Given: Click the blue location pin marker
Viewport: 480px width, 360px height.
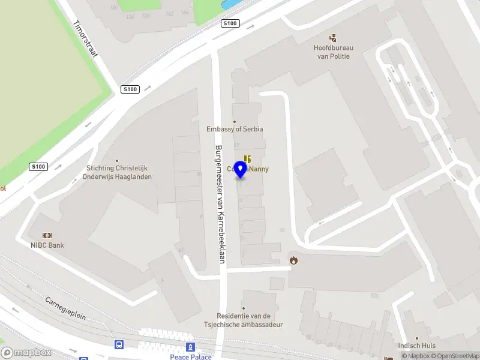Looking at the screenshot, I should [x=241, y=170].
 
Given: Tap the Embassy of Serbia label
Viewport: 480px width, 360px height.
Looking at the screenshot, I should [x=235, y=129].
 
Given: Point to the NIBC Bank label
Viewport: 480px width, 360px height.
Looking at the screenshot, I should [x=47, y=245].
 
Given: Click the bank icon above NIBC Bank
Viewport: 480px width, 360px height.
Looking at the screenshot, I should [x=47, y=235].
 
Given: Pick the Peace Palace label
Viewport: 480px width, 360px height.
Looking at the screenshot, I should [x=191, y=357].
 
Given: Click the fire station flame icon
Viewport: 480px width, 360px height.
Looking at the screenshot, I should [x=293, y=260].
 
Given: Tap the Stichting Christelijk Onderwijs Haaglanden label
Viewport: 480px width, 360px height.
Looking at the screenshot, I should [x=119, y=173].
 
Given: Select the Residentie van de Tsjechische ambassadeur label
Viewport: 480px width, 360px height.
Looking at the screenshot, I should [x=250, y=320].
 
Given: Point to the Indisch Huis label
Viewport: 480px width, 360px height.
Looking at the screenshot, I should [x=416, y=346].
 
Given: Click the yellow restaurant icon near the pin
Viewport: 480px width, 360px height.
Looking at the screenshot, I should [x=247, y=159].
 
